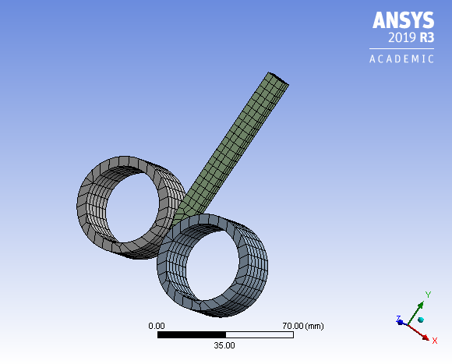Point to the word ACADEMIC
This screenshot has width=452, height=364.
[401, 59]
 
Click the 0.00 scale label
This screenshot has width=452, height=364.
[157, 325]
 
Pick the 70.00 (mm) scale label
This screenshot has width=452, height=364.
[302, 325]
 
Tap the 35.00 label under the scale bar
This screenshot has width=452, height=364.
[224, 345]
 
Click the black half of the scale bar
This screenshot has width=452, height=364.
[191, 334]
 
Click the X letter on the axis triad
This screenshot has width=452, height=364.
[434, 340]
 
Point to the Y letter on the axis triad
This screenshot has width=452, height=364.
[428, 295]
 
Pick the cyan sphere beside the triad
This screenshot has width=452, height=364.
[421, 320]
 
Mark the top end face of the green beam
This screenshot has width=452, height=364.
[277, 80]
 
